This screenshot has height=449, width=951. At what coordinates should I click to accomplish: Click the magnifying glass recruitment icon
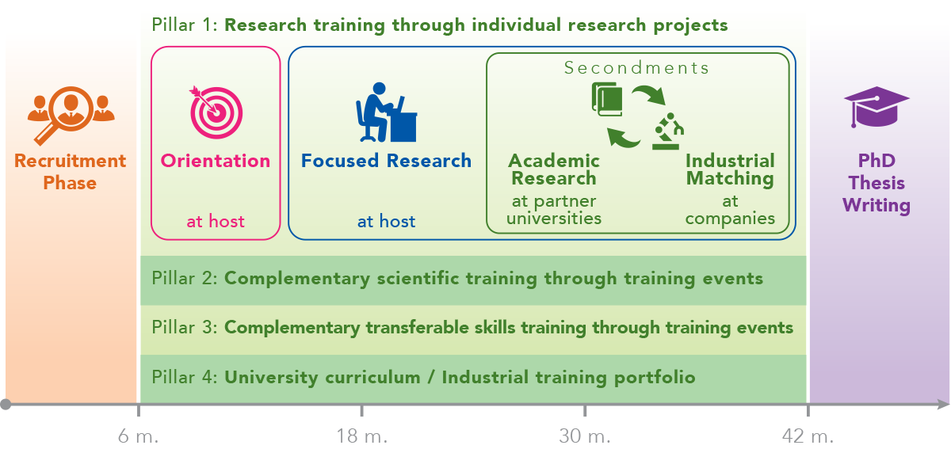pos(71,116)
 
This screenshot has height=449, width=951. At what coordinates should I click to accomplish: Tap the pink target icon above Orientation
pos(216,112)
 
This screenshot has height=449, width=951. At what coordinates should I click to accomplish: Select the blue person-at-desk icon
pos(387,112)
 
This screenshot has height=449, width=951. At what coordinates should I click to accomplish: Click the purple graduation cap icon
pos(877,107)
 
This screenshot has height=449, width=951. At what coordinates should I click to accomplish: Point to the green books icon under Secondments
pos(607,99)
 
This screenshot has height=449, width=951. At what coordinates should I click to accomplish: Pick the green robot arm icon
pos(668,131)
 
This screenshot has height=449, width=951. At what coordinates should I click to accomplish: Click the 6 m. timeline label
pos(139,436)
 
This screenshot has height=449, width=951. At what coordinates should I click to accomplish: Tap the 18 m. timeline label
pos(361,436)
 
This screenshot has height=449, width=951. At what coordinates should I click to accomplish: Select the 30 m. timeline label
pos(585,436)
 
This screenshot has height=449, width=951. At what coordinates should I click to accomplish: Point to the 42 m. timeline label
pos(808,436)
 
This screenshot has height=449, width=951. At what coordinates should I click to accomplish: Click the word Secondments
pos(636,68)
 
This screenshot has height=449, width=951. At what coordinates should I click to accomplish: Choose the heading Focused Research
pos(387,161)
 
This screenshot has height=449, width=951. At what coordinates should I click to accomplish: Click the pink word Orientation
pos(216,161)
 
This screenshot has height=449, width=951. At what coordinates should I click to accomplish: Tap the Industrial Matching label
pos(730,169)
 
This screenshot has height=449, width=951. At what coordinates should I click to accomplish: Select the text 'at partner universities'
pos(554,210)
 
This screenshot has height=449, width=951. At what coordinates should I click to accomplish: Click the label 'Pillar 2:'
pos(185,279)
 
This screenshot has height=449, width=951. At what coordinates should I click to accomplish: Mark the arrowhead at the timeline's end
pos(943,404)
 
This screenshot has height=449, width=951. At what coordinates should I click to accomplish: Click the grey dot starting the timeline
pos(6,404)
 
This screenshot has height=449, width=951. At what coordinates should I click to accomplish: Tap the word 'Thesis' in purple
pos(877,183)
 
